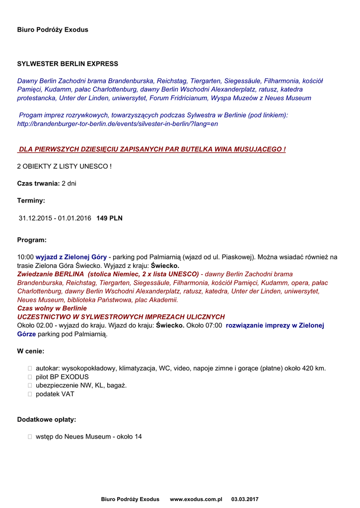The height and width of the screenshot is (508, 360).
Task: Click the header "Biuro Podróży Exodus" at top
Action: pos(53,30)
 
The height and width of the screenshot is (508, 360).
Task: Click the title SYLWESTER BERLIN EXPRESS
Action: pos(68,64)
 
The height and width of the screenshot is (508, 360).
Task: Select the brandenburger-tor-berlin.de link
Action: pos(117,124)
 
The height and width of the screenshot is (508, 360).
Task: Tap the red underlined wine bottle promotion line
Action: pos(151,149)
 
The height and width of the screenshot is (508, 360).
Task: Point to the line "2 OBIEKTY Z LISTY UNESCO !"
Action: pos(64,166)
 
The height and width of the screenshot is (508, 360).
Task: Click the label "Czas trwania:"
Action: pos(38,184)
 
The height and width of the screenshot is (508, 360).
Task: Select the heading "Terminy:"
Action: pos(31,201)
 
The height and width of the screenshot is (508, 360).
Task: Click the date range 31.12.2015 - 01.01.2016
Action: pos(55,218)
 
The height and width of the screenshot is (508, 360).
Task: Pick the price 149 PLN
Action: pos(109,218)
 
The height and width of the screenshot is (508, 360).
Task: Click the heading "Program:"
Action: pos(32,240)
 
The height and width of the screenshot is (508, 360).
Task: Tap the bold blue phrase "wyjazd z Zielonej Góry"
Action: pos(71,257)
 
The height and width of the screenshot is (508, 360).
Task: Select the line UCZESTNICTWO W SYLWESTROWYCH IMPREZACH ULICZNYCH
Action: pos(121,317)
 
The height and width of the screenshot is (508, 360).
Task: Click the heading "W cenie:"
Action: pos(30,351)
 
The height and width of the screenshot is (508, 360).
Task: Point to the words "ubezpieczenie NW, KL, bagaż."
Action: pos(81,385)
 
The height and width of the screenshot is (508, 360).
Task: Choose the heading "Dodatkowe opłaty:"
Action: pos(47,420)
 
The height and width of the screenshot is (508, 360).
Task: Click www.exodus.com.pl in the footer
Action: pos(196,499)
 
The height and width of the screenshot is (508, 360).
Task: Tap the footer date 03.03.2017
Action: pos(245,499)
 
